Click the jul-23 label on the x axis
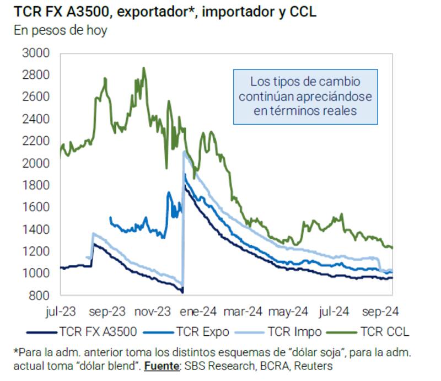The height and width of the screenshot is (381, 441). pos(61,312)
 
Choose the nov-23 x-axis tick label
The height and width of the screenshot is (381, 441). pos(153,312)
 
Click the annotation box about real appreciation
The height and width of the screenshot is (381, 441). pos(305,96)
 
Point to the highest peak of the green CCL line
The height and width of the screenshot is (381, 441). pos(144,68)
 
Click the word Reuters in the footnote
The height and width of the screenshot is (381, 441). pos(315,365)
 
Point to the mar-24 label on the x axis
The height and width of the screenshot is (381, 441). pos(243,312)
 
